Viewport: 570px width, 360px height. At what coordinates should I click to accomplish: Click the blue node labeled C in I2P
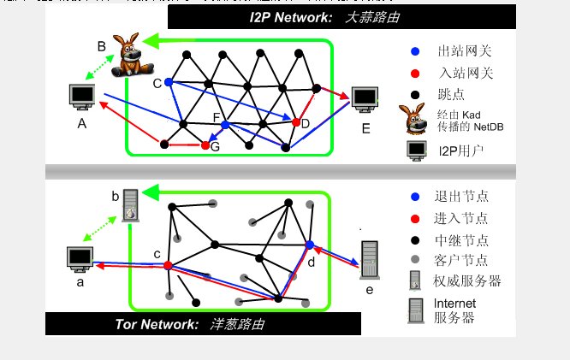(169, 82)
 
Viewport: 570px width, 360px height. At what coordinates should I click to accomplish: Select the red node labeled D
(296, 123)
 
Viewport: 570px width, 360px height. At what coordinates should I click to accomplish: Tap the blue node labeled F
(225, 125)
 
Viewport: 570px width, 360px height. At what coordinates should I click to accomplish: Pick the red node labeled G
(205, 145)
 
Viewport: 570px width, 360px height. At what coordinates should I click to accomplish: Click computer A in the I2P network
(83, 96)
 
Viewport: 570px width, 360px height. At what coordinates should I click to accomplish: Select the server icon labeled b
(129, 205)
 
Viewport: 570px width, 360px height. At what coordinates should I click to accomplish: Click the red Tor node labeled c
(168, 265)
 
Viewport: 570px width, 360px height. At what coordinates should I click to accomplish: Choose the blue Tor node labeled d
(310, 245)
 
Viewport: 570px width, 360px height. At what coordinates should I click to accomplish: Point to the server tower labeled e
(369, 260)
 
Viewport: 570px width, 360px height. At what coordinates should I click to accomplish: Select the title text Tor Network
(151, 324)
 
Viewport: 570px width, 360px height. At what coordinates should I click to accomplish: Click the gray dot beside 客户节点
(414, 259)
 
